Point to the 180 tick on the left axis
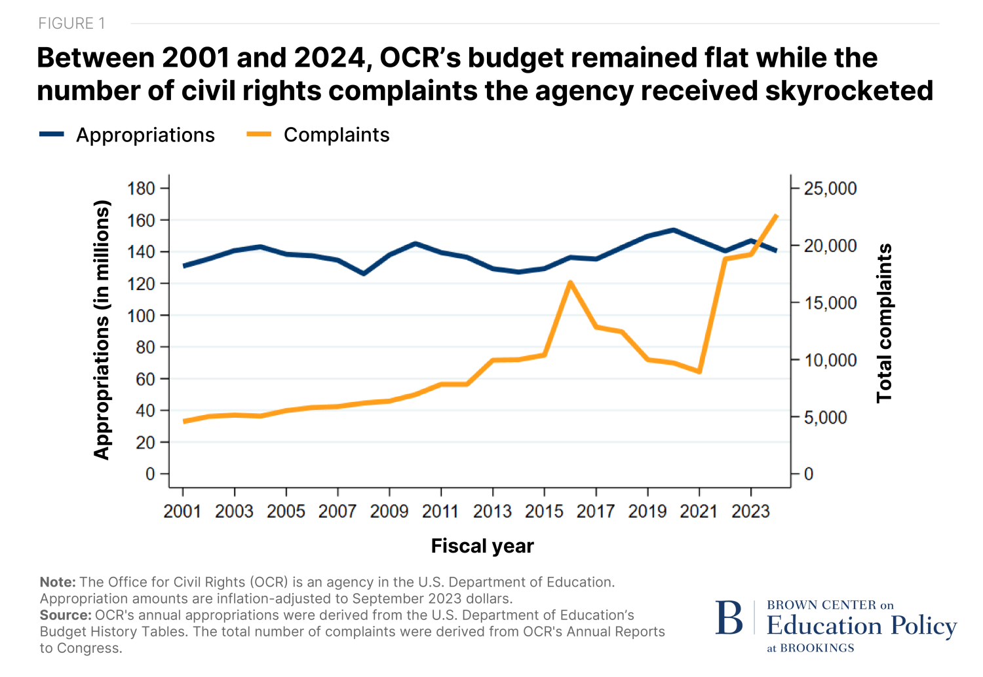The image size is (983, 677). [x=141, y=189]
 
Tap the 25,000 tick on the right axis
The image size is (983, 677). [x=830, y=189]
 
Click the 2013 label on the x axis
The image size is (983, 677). [x=492, y=511]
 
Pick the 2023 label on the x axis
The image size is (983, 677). [x=750, y=511]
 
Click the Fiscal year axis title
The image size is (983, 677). [x=482, y=546]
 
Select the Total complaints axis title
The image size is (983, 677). [x=885, y=323]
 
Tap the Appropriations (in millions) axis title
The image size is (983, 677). [x=102, y=329]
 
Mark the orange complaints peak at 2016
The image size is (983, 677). [x=570, y=282]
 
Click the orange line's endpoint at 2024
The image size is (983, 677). [x=777, y=215]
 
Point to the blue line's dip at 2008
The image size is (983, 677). [x=364, y=274]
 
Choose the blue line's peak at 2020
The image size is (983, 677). [x=674, y=230]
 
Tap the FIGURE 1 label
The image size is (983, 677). [x=71, y=24]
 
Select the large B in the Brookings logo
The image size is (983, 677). [x=729, y=618]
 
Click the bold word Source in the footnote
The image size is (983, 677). [x=65, y=615]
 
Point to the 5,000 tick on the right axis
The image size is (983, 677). [x=829, y=418]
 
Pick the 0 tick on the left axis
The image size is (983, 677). [x=150, y=474]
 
